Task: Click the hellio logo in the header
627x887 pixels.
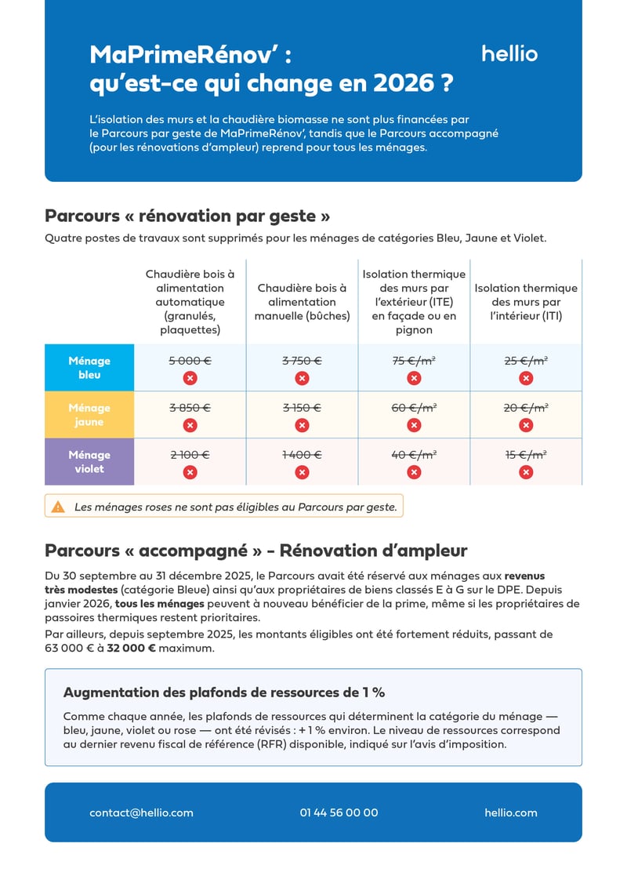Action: pyautogui.click(x=509, y=54)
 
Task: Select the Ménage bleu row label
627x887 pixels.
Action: pyautogui.click(x=89, y=368)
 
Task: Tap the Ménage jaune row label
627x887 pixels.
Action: pyautogui.click(x=89, y=415)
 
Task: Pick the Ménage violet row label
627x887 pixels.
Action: pyautogui.click(x=89, y=462)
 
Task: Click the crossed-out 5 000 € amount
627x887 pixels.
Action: pyautogui.click(x=190, y=361)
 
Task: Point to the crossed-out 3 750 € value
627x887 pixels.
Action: pyautogui.click(x=302, y=361)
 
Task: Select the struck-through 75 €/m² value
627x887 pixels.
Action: pyautogui.click(x=414, y=361)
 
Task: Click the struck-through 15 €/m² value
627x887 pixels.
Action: pyautogui.click(x=526, y=454)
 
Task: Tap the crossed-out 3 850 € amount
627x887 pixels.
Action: pyautogui.click(x=190, y=408)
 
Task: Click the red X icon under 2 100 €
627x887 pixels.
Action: pyautogui.click(x=190, y=472)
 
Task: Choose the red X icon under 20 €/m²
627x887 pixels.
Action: pyautogui.click(x=526, y=425)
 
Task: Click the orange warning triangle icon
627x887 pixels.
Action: pyautogui.click(x=58, y=507)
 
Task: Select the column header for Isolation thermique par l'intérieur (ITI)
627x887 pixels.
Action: pyautogui.click(x=526, y=302)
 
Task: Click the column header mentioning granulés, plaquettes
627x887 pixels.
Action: pyautogui.click(x=190, y=302)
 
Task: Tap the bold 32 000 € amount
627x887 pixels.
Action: pyautogui.click(x=131, y=649)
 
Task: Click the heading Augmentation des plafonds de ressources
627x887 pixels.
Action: pyautogui.click(x=223, y=693)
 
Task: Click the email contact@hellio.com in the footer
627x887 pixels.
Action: pyautogui.click(x=141, y=812)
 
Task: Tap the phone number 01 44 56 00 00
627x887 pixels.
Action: pyautogui.click(x=339, y=812)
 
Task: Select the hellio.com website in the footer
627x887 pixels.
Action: pyautogui.click(x=510, y=812)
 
